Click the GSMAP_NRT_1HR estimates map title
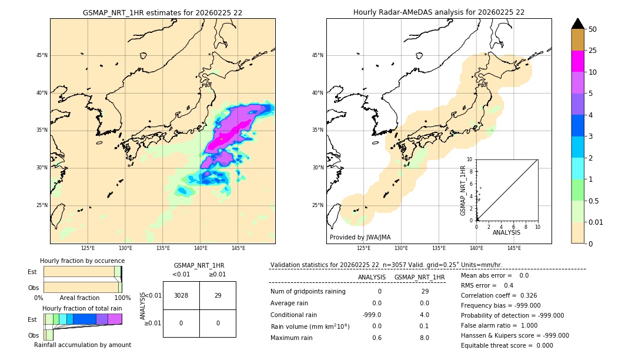162,12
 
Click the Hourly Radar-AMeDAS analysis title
439,12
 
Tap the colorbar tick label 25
593,51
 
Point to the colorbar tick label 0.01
596,222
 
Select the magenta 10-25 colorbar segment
577,61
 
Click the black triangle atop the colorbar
577,24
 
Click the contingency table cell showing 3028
181,295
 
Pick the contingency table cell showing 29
218,295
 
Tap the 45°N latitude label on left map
42,55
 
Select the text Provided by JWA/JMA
360,237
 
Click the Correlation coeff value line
499,295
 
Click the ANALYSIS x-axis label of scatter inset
506,233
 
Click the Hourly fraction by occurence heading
82,261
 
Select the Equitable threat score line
507,345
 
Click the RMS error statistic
487,285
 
